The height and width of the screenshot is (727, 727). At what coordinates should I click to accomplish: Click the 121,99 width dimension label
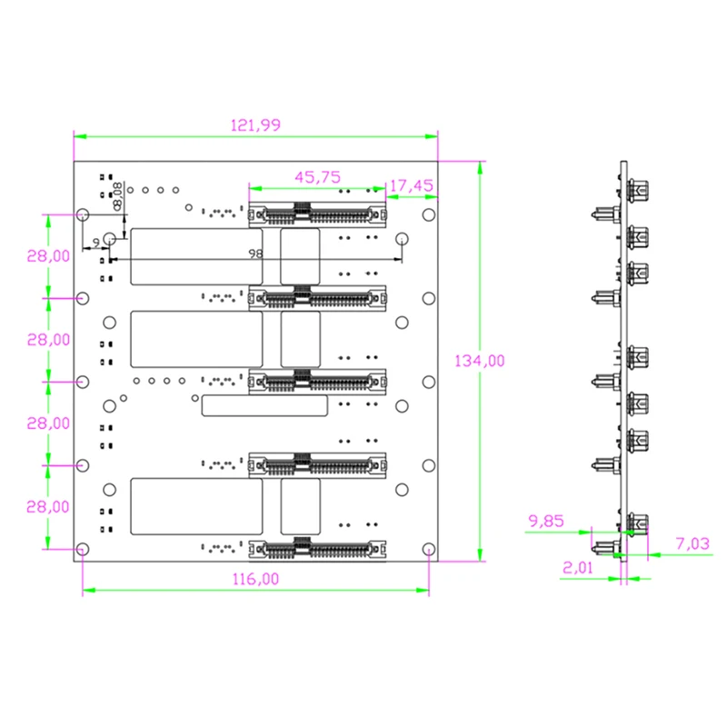[255, 125]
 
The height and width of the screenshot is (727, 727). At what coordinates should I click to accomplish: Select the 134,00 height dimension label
[480, 361]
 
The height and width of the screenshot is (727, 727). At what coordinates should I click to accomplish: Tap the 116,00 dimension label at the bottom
[255, 579]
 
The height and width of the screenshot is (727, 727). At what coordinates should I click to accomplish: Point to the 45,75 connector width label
[317, 177]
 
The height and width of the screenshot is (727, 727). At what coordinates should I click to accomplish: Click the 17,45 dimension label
[412, 186]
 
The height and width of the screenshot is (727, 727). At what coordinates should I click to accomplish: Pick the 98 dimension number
[255, 254]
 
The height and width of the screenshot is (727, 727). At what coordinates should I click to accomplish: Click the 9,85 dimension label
[546, 521]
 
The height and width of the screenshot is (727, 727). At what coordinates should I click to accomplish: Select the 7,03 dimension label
[692, 543]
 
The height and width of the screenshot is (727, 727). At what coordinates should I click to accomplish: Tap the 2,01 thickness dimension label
[578, 567]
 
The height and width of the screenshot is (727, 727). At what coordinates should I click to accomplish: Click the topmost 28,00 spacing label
[48, 256]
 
